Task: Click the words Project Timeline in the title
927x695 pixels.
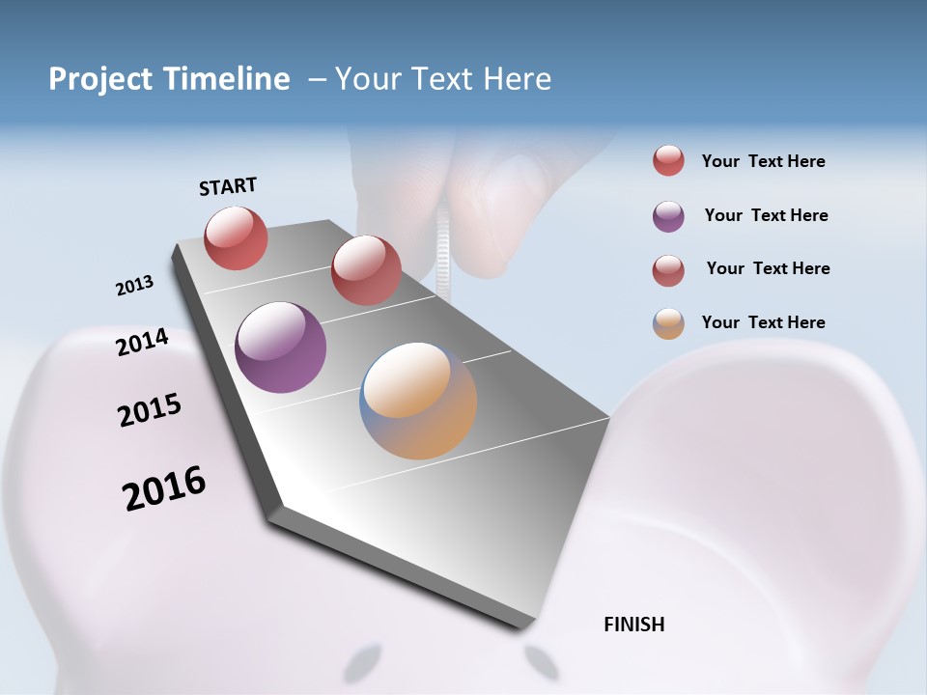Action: [x=169, y=79]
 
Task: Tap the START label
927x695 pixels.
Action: [x=228, y=186]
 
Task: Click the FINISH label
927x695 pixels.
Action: [x=634, y=625]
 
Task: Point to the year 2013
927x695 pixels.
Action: [x=135, y=286]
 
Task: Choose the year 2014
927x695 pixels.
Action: [x=143, y=342]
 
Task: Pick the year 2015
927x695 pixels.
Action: [x=150, y=409]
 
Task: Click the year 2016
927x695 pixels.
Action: [x=164, y=488]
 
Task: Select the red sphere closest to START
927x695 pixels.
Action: [x=236, y=237]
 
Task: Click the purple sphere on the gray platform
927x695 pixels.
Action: [x=280, y=347]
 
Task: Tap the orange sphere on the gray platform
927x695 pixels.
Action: [x=418, y=400]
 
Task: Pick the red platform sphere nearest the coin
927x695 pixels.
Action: [x=366, y=269]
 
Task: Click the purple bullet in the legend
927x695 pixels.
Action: [x=668, y=216]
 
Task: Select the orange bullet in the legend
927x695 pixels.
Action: [x=668, y=323]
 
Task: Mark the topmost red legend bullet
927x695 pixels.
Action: [x=668, y=161]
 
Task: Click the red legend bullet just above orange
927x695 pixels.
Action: [x=668, y=270]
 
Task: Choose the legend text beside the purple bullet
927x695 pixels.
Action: [x=766, y=215]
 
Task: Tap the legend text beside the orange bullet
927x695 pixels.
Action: [x=763, y=322]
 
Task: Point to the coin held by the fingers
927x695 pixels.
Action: [x=443, y=251]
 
